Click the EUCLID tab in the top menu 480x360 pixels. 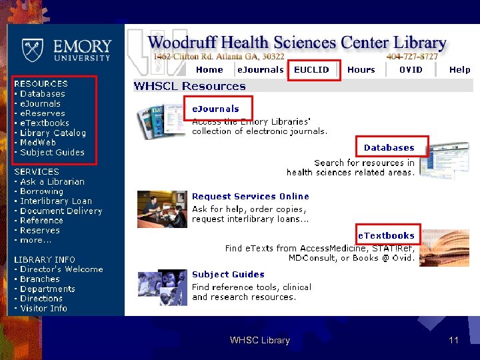311,69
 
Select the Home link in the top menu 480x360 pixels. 209,69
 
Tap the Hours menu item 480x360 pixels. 361,69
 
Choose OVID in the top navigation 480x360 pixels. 411,69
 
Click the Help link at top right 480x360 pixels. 459,69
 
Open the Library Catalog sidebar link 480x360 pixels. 53,133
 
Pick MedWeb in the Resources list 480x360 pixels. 38,143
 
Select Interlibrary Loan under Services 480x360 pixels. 56,201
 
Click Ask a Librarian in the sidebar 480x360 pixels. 52,181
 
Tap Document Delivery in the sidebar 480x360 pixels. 61,211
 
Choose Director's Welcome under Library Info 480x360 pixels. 61,269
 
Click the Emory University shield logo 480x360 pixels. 31,49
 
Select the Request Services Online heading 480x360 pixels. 250,197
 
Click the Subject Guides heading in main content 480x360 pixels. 228,275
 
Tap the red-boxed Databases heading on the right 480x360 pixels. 389,148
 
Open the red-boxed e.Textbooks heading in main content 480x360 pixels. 386,235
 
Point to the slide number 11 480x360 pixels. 453,341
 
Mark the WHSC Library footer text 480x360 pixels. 259,341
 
